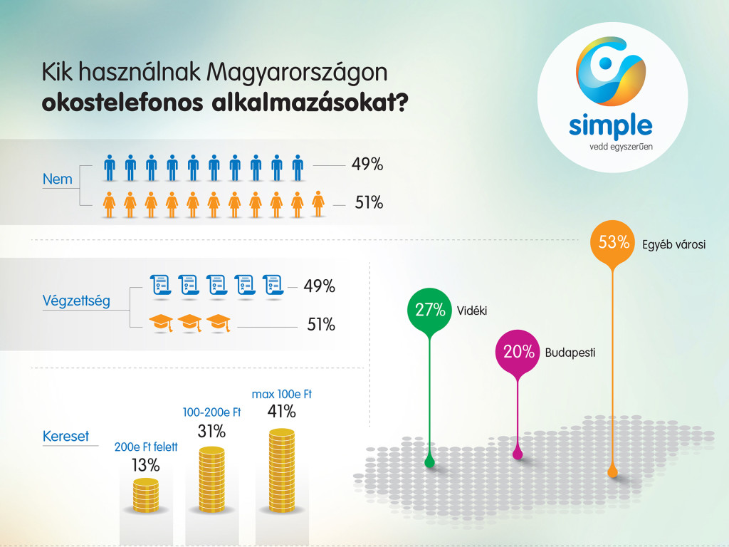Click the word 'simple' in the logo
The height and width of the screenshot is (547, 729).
pos(611,125)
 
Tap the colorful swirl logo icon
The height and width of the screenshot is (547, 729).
pos(611,72)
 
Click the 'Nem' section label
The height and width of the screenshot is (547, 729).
pos(58,179)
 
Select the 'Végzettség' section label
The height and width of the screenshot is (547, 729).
pos(77,301)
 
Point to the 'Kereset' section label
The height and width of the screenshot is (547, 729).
pos(65,436)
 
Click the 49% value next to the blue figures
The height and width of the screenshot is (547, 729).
pos(367,165)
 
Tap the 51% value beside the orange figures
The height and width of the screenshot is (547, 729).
pos(369,203)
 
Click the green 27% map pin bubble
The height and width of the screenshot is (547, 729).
pos(430,310)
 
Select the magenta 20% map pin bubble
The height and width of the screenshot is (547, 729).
pos(518,351)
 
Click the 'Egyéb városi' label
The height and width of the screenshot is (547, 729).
pos(673,245)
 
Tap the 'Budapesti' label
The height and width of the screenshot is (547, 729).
pos(570,352)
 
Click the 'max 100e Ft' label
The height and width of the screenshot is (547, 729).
pos(282,394)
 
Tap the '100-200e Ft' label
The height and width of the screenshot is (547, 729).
pos(211,412)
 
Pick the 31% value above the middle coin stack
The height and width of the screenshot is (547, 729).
pos(211,431)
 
